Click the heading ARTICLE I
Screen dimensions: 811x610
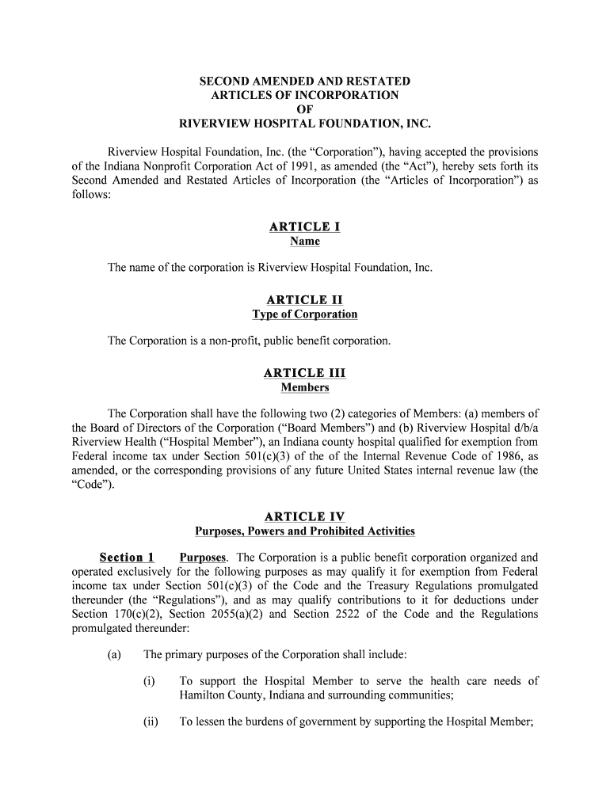304,227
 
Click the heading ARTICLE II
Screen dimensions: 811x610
304,300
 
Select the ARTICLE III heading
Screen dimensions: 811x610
304,373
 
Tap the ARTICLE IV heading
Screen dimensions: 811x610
304,517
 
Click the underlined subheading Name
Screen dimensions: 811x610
304,242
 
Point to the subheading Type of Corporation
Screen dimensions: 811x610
304,314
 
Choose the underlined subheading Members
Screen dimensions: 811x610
304,387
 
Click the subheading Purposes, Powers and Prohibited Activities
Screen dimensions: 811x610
304,531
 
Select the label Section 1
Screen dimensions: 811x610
127,557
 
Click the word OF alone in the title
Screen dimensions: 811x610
304,109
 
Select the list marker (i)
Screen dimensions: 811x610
149,681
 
